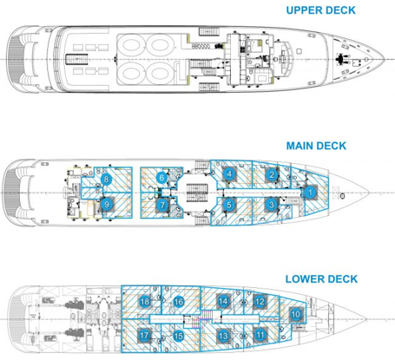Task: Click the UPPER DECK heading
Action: [320, 10]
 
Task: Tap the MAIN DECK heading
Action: [316, 146]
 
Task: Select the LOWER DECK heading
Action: [321, 279]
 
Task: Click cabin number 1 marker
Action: [310, 193]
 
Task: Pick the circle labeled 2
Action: [272, 174]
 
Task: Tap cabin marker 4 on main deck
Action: [229, 174]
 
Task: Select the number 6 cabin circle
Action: [161, 178]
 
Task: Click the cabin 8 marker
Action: [106, 180]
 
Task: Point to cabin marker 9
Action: [107, 205]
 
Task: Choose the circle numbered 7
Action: [162, 206]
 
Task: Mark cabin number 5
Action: [229, 205]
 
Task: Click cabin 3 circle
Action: [272, 205]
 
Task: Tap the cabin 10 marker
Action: [296, 314]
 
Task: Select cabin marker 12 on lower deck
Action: [260, 302]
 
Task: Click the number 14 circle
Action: [223, 302]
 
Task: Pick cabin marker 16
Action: [179, 302]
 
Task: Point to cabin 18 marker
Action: [145, 302]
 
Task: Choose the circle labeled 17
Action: [144, 336]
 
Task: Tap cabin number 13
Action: [223, 336]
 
